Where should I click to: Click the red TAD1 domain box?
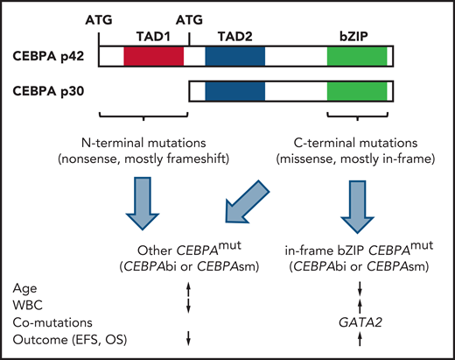153,56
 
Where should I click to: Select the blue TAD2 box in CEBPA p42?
234,56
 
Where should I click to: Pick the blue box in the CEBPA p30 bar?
234,91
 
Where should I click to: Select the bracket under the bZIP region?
355,117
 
